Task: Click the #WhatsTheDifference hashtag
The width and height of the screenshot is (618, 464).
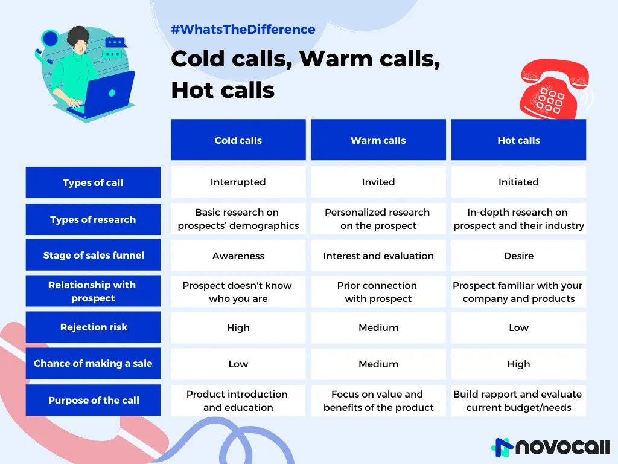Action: click(243, 29)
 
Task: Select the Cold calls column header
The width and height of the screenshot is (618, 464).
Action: click(238, 140)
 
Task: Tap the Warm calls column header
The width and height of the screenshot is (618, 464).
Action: click(378, 140)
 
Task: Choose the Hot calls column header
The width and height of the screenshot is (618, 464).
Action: click(518, 140)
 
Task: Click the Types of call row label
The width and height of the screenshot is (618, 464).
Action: click(93, 182)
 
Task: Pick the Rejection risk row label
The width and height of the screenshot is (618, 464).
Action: click(93, 327)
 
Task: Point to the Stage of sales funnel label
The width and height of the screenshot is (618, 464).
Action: click(93, 255)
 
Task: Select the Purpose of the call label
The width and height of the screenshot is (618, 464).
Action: click(93, 400)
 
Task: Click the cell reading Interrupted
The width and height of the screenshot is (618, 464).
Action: click(238, 182)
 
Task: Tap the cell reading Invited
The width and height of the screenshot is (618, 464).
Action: click(378, 182)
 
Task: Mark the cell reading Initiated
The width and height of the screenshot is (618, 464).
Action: click(518, 182)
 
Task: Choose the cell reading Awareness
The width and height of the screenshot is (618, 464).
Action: click(238, 256)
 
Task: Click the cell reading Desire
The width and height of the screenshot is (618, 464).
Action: click(518, 256)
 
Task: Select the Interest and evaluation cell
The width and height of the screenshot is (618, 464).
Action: click(378, 256)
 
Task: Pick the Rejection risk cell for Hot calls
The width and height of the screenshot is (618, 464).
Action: click(518, 327)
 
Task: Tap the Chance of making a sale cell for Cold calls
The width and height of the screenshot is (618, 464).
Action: click(238, 364)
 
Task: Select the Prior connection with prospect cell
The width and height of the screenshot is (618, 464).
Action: click(378, 292)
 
